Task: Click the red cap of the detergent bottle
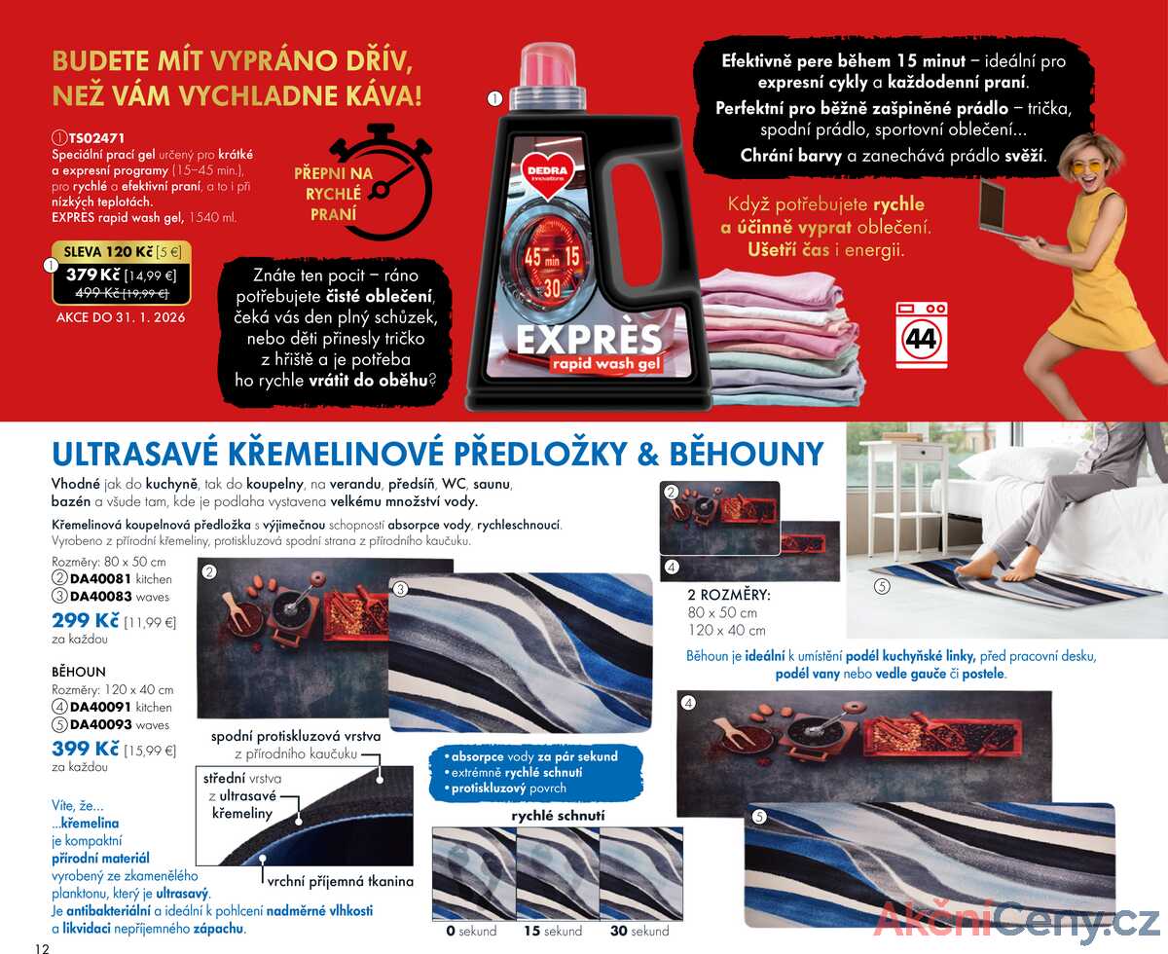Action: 547,65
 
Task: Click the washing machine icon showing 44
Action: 921,335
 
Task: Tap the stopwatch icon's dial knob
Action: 381,191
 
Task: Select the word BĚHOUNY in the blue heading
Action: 747,455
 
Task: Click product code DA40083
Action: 101,596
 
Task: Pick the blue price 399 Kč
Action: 86,749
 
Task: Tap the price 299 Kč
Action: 86,620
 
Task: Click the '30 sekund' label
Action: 639,932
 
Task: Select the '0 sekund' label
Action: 471,932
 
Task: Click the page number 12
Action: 42,948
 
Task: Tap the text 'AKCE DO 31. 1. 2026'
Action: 121,317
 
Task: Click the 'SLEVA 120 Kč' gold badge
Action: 122,252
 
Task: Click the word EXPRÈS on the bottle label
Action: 589,339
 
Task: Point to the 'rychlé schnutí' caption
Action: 558,816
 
